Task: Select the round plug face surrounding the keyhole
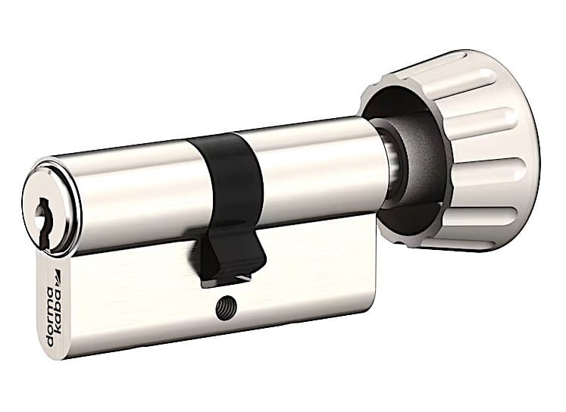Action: point(50,217)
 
